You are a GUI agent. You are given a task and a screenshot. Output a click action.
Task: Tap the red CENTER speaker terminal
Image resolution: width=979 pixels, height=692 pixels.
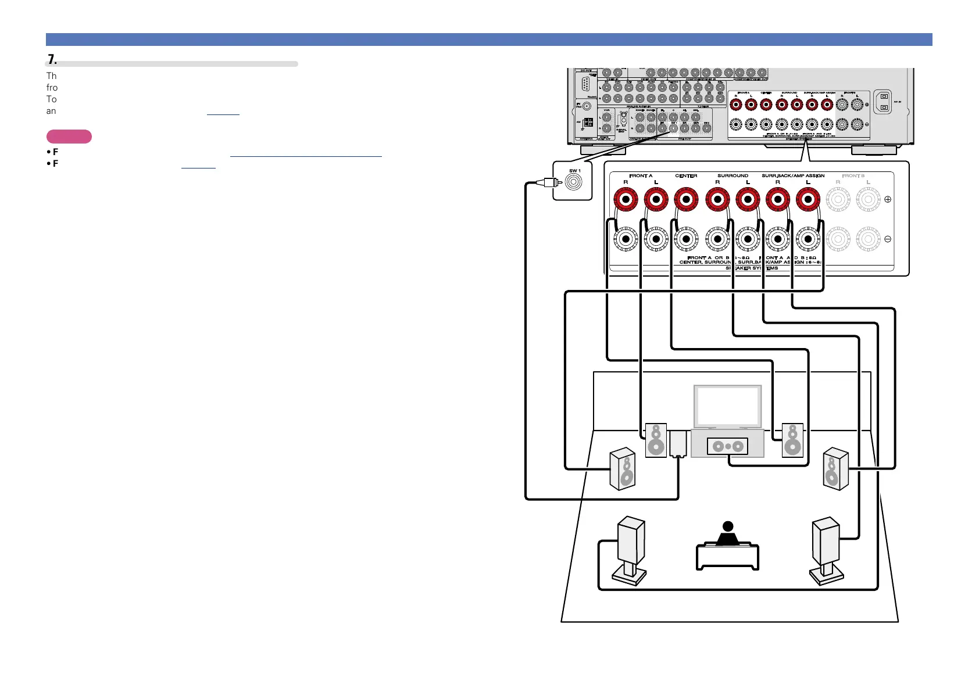pos(686,199)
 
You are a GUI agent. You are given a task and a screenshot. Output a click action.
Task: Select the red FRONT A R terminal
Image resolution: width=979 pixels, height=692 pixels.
pos(626,199)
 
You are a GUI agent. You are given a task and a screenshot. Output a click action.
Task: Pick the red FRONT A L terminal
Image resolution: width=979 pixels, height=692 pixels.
pos(656,199)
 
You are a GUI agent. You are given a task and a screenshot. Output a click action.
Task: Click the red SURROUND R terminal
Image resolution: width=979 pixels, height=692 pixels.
pos(717,199)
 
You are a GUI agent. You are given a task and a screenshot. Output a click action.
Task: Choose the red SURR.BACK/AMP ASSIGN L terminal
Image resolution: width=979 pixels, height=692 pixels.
pos(808,199)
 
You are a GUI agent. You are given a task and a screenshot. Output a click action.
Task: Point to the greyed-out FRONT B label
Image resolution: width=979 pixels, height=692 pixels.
pos(853,175)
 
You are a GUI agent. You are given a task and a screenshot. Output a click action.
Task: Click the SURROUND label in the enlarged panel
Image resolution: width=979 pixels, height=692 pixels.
pos(733,175)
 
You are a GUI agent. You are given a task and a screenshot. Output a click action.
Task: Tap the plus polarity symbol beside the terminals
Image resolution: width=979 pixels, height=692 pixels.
pos(888,199)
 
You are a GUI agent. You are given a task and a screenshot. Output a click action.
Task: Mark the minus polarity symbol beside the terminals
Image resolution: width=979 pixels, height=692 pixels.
pos(888,239)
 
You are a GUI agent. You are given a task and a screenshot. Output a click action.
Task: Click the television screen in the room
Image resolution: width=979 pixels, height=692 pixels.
pos(728,406)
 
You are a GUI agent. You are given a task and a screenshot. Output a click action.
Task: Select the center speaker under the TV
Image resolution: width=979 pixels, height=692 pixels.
pos(728,446)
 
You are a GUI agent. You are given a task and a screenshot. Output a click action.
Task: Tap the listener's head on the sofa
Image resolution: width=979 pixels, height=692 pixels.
pos(728,526)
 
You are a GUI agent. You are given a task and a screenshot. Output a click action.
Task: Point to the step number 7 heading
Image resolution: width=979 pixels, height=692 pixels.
pos(52,59)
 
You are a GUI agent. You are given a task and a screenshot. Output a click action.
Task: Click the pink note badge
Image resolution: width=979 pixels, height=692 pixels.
pos(69,137)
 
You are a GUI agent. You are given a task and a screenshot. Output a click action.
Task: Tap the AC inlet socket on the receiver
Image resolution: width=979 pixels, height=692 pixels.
pos(884,102)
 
